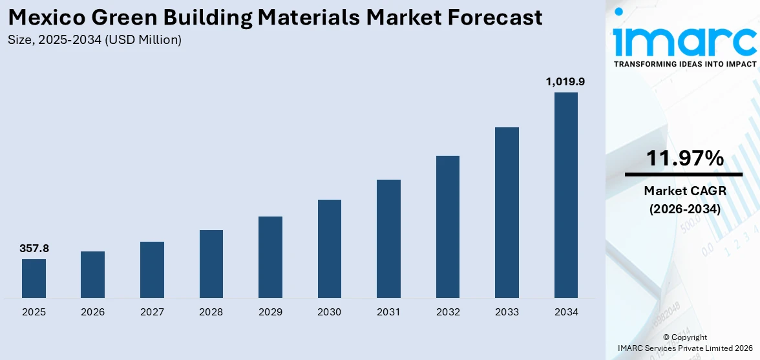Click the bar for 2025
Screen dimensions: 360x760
(34, 279)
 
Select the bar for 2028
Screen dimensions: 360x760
(211, 264)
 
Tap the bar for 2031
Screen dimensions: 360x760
(388, 238)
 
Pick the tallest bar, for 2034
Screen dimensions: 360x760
(566, 195)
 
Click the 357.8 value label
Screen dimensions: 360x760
(34, 248)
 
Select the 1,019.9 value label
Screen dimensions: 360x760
(565, 81)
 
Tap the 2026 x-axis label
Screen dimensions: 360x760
(93, 312)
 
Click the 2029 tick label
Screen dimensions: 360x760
(270, 312)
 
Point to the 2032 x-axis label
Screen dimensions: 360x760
(448, 312)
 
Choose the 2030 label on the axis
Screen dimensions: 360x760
(330, 312)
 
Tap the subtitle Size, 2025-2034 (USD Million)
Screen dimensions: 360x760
(95, 40)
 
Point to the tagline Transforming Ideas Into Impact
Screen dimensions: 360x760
(684, 64)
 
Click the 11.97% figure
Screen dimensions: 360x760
(684, 158)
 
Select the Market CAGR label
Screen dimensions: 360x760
(684, 191)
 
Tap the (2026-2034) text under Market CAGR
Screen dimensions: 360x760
(684, 209)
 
